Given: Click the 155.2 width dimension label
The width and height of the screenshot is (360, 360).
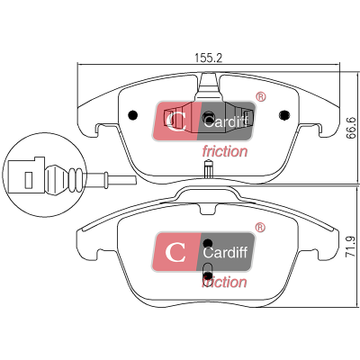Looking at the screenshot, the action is (209, 58).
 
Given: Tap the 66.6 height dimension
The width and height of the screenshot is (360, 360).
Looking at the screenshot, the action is (351, 128).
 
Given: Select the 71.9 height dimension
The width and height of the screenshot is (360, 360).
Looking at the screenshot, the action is (350, 246).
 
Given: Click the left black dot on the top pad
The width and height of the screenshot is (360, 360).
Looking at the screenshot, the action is (132, 115).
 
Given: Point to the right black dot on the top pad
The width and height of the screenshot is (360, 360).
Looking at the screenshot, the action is (284, 115).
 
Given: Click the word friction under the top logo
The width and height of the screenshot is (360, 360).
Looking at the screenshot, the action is (225, 151).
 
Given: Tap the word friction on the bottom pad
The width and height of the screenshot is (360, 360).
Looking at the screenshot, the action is (224, 283).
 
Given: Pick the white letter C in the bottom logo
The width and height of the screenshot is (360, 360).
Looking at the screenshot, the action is (175, 252).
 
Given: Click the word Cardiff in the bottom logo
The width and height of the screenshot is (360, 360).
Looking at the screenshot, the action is (225, 253).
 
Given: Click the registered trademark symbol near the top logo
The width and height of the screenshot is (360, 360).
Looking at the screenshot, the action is (260, 97).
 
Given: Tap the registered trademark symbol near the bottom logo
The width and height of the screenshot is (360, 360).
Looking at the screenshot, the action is (260, 228).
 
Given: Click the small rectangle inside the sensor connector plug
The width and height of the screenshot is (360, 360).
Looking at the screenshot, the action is (28, 180).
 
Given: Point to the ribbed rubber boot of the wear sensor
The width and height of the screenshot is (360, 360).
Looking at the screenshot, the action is (65, 179).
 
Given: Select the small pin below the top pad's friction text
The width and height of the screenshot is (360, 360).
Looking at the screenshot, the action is (208, 169).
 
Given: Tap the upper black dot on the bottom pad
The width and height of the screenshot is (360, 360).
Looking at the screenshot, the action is (208, 243).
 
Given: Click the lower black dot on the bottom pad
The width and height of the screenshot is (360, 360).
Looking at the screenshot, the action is (208, 275).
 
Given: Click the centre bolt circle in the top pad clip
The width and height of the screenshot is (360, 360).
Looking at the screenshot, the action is (208, 115).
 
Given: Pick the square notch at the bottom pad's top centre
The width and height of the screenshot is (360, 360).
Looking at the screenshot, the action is (208, 209).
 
